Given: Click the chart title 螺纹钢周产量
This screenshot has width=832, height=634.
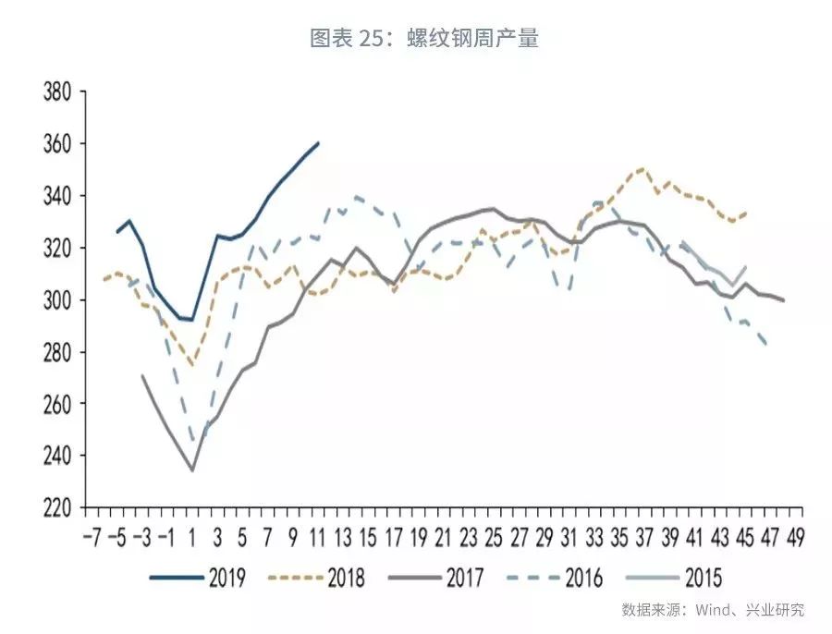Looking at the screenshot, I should [x=424, y=38].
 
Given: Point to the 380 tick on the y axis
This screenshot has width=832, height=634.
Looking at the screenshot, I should [x=57, y=92].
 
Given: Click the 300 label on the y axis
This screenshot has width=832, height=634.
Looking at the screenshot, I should [x=57, y=300].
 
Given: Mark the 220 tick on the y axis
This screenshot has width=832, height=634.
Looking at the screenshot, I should [x=57, y=507].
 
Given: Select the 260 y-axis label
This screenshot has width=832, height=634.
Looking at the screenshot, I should [x=57, y=404].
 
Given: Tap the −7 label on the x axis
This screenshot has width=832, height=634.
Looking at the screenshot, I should [x=92, y=537].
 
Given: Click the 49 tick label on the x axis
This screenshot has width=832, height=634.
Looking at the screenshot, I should [x=794, y=537].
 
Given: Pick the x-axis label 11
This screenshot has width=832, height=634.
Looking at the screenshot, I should [x=317, y=537].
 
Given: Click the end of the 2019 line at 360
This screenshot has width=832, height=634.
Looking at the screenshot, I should [x=318, y=143].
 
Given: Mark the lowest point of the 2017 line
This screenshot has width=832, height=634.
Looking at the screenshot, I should [x=192, y=470].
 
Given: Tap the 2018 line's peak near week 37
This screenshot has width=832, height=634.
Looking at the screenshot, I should [x=642, y=169].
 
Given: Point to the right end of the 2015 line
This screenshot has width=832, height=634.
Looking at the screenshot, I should [x=745, y=267].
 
